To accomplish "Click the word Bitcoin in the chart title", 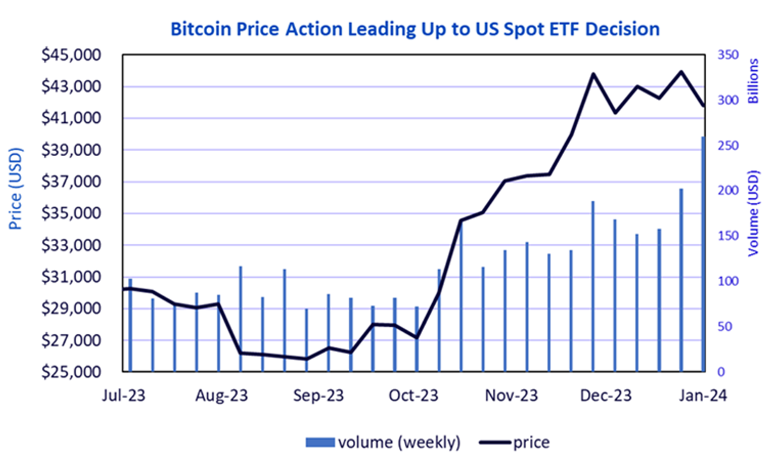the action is click(x=201, y=29).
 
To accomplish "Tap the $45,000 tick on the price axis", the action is click(x=71, y=55).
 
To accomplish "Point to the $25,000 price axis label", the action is click(x=71, y=372).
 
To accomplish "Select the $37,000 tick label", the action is click(x=71, y=182).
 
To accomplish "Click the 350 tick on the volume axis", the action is click(x=728, y=55).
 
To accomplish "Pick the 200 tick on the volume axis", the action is click(x=728, y=191).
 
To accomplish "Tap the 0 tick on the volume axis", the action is click(x=721, y=372).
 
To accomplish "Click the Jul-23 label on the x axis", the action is click(x=123, y=395).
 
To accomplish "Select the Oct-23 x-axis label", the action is click(x=414, y=395).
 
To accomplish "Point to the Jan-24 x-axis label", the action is click(x=703, y=395).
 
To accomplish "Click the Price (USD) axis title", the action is click(x=15, y=189).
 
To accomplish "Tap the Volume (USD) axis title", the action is click(x=754, y=213).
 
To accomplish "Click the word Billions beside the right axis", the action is click(x=754, y=81).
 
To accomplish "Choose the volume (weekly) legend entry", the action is click(x=383, y=442).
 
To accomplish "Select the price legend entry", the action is click(x=515, y=442).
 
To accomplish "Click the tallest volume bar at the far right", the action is click(x=703, y=254).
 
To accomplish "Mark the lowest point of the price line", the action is click(x=306, y=359).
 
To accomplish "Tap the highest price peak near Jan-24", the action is click(x=681, y=72).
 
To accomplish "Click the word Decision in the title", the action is click(x=623, y=29).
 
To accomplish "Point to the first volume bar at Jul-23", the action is click(x=130, y=325).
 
